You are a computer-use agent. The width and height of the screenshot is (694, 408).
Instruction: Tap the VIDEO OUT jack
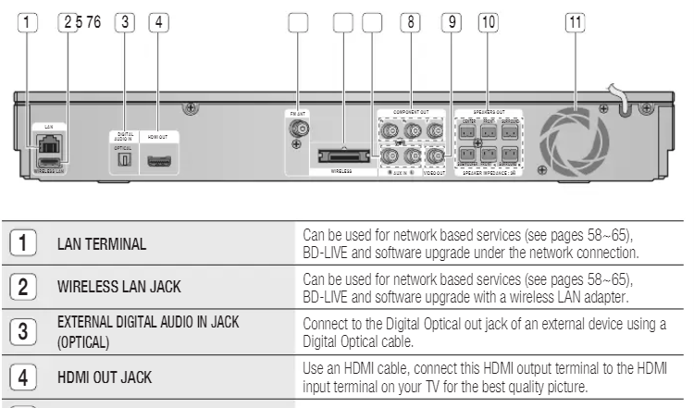[433, 155]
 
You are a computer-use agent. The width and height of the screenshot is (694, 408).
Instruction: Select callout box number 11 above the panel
[576, 22]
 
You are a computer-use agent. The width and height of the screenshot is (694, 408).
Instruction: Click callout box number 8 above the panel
[407, 22]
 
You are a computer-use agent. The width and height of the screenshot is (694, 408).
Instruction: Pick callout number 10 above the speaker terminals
[488, 22]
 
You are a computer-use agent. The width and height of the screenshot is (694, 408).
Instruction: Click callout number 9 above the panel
[452, 22]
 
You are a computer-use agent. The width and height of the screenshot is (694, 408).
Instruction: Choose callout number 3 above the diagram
[125, 22]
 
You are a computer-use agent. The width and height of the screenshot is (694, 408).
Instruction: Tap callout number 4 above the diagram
[159, 22]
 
